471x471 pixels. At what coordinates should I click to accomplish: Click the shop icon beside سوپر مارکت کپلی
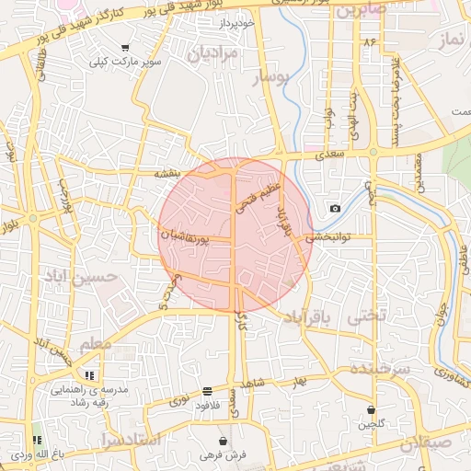tap(125, 48)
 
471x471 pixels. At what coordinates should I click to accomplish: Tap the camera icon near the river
tap(335, 209)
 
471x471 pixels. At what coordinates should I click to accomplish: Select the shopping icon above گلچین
tap(371, 409)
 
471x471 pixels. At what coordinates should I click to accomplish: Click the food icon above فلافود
tap(207, 391)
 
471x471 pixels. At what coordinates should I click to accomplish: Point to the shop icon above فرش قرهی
tap(223, 441)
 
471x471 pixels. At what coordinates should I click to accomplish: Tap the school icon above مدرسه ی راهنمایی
tap(89, 375)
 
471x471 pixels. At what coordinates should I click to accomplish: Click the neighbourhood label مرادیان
tap(213, 54)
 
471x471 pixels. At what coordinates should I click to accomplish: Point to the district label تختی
tap(364, 316)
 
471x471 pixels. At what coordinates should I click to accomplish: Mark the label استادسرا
tap(132, 440)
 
